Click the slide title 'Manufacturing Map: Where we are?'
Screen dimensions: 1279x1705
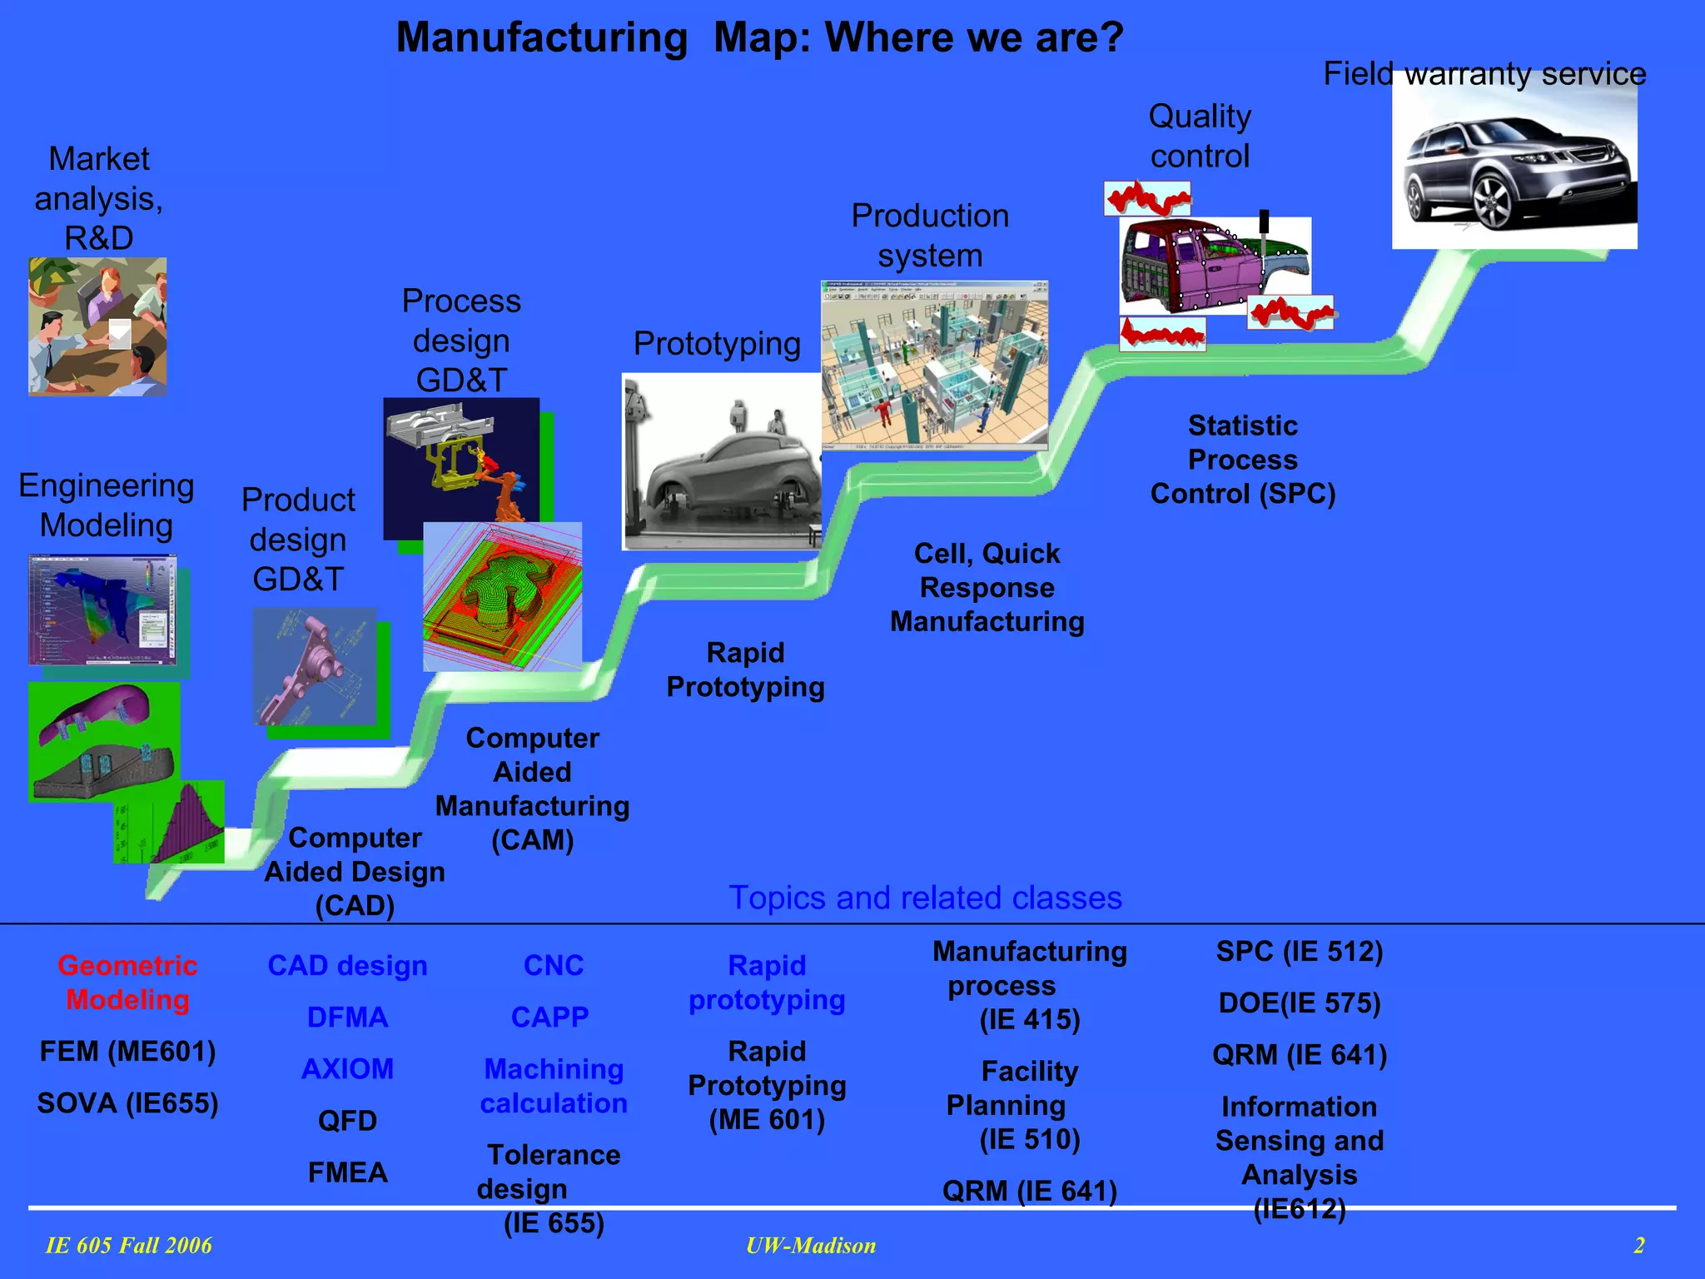759,37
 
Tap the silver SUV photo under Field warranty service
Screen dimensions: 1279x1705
1514,167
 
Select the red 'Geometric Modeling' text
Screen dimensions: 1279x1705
127,983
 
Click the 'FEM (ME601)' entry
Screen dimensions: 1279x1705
127,1052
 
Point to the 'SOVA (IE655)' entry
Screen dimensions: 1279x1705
127,1103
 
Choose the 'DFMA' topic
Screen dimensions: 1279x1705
347,1018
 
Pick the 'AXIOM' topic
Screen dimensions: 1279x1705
347,1069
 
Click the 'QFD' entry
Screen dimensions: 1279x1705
347,1121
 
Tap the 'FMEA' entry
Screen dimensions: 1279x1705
347,1172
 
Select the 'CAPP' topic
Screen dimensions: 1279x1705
549,1018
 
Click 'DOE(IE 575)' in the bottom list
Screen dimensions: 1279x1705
1299,1003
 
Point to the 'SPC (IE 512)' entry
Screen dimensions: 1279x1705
1299,952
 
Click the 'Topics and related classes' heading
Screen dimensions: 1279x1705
925,898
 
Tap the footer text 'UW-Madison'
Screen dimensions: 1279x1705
811,1246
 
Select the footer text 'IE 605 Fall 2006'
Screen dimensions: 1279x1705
128,1246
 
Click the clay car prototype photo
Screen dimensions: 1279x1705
722,462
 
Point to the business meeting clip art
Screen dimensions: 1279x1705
97,326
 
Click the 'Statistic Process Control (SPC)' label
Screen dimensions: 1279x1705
1242,460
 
